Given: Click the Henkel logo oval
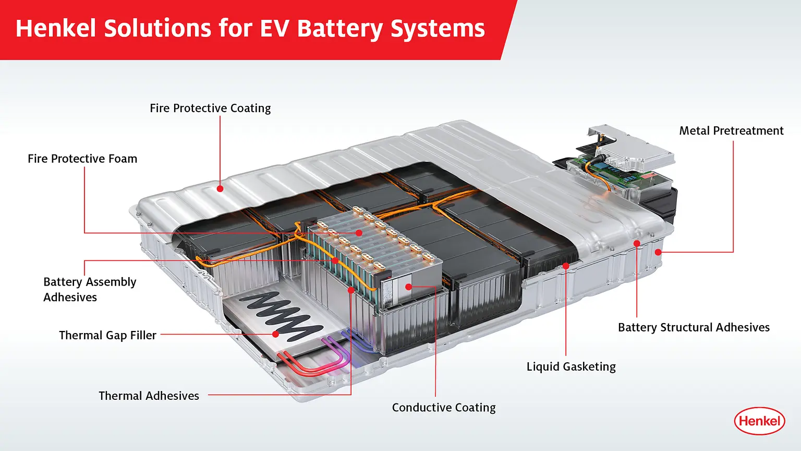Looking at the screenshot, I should pyautogui.click(x=759, y=421).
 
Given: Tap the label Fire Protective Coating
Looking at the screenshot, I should pyautogui.click(x=210, y=108).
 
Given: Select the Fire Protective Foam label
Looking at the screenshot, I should pyautogui.click(x=82, y=159).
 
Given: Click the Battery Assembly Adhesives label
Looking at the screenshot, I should pyautogui.click(x=90, y=289).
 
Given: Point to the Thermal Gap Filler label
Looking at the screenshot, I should pyautogui.click(x=107, y=335).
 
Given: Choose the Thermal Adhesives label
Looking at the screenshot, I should pyautogui.click(x=149, y=396).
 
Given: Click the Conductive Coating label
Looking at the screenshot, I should pyautogui.click(x=444, y=407).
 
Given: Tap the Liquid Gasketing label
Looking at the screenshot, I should pyautogui.click(x=571, y=366).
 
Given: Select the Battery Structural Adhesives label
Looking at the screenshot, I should pyautogui.click(x=694, y=327).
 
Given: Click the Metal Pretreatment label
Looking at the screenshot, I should pyautogui.click(x=731, y=130).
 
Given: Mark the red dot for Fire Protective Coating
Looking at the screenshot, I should pyautogui.click(x=220, y=188).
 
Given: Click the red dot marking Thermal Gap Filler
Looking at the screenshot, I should pyautogui.click(x=276, y=334).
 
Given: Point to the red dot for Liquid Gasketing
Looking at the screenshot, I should pyautogui.click(x=566, y=266).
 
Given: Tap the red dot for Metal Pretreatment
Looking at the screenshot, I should pyautogui.click(x=658, y=252).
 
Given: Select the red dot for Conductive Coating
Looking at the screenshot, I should pyautogui.click(x=409, y=287).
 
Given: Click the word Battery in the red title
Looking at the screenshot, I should pyautogui.click(x=340, y=28).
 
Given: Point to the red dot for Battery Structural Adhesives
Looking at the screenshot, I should pyautogui.click(x=637, y=243).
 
